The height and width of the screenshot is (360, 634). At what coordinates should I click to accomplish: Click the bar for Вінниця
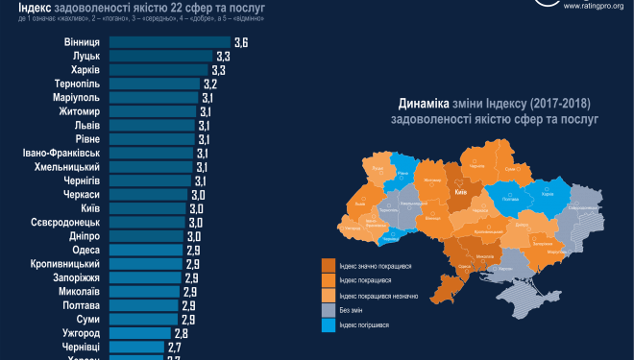click(169, 43)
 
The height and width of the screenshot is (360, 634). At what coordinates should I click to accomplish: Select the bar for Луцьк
click(159, 57)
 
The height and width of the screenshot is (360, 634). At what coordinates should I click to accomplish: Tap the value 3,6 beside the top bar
click(241, 43)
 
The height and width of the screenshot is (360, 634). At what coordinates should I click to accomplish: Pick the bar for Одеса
click(145, 250)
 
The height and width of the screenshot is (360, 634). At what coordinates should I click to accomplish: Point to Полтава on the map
click(511, 200)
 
